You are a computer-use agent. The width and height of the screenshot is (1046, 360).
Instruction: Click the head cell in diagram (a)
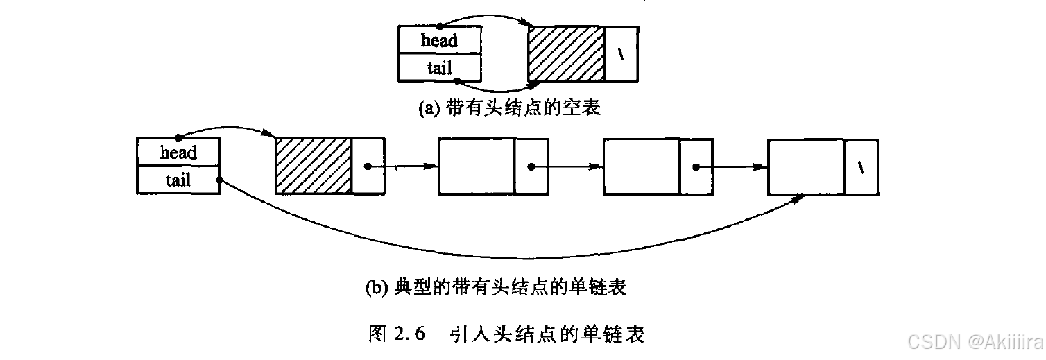(x=439, y=40)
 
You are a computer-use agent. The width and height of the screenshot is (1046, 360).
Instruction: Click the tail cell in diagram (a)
(x=439, y=67)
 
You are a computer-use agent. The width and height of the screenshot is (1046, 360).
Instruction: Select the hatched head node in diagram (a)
(x=566, y=54)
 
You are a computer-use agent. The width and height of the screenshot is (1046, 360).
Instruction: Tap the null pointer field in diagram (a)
(x=621, y=54)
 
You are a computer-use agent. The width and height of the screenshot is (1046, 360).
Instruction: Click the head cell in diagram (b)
(x=178, y=153)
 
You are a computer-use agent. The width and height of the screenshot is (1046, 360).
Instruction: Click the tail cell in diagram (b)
(x=178, y=180)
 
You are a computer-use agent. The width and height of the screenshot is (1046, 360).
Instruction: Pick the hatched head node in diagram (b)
(x=314, y=166)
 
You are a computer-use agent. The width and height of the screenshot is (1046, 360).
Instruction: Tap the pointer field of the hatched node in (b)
(x=368, y=166)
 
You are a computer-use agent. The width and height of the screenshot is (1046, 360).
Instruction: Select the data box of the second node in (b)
(x=477, y=166)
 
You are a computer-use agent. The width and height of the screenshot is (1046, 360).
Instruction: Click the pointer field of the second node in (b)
(x=531, y=166)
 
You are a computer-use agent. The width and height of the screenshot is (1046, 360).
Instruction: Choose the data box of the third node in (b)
(x=642, y=166)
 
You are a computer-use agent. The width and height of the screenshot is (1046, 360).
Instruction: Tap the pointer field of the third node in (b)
(x=696, y=166)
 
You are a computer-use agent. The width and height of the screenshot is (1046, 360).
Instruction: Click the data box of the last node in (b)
(x=806, y=166)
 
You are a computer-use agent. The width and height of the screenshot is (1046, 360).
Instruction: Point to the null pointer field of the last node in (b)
(x=861, y=166)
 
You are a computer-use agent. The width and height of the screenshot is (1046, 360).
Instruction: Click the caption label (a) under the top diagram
(x=429, y=108)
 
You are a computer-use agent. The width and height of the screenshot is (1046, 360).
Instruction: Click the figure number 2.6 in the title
(x=409, y=334)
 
